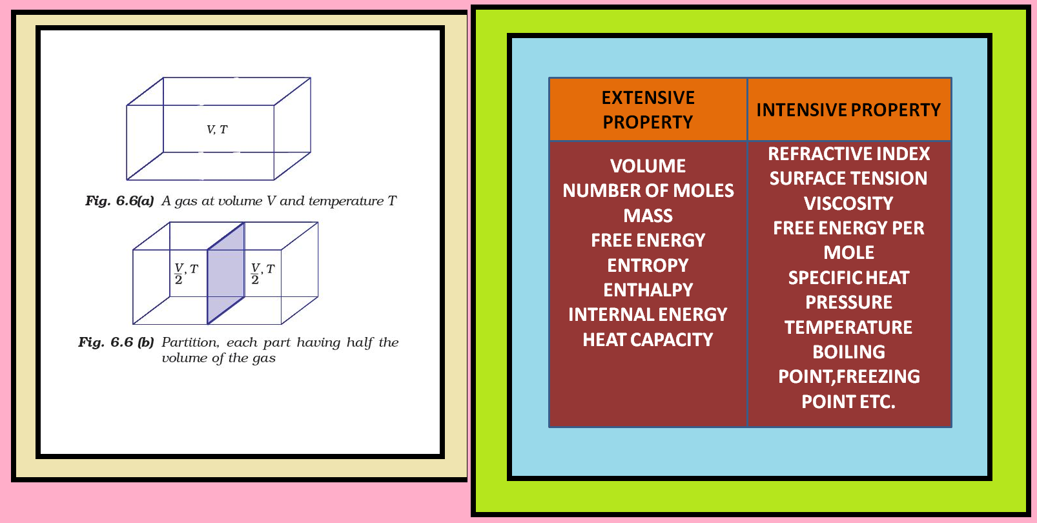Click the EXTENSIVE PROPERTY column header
click(648, 110)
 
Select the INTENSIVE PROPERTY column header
click(848, 110)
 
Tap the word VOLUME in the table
click(648, 166)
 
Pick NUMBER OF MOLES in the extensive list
click(648, 190)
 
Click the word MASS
click(648, 216)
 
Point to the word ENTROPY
click(648, 265)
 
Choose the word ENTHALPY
click(648, 290)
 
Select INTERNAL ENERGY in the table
click(648, 314)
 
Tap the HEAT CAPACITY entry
click(648, 340)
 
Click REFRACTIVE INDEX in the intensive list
click(848, 154)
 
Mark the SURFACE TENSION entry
click(848, 178)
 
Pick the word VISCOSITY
click(848, 203)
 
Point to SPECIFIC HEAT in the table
click(848, 278)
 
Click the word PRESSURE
click(848, 302)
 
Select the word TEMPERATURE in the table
click(848, 327)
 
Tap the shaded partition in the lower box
click(225, 274)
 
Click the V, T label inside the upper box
click(217, 130)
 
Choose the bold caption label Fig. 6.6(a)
click(119, 201)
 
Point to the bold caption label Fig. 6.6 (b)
click(116, 342)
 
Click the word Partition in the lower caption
click(190, 342)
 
